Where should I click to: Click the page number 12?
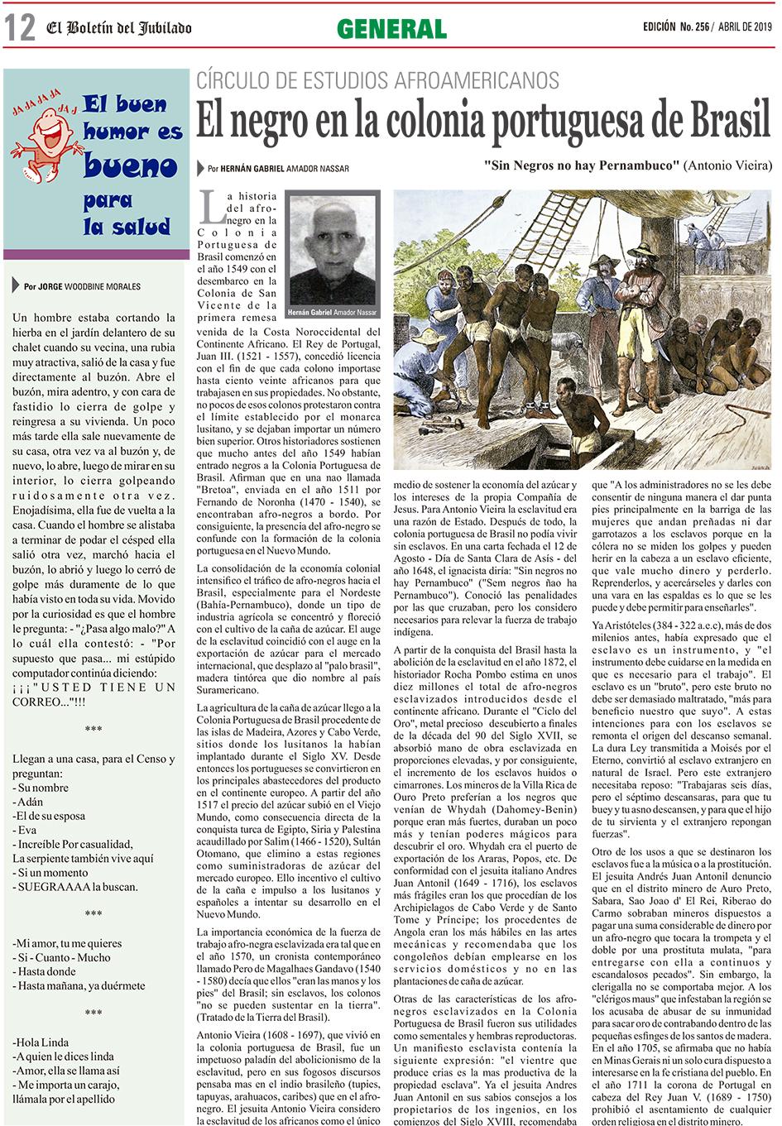tap(20, 28)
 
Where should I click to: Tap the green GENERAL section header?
tap(391, 29)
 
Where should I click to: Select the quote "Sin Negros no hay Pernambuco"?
tap(582, 165)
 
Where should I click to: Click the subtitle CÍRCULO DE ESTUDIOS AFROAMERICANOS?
tap(377, 81)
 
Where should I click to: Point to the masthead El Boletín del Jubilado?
tap(118, 28)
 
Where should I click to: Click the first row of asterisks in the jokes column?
tap(94, 730)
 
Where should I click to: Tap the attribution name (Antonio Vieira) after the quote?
tap(728, 165)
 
